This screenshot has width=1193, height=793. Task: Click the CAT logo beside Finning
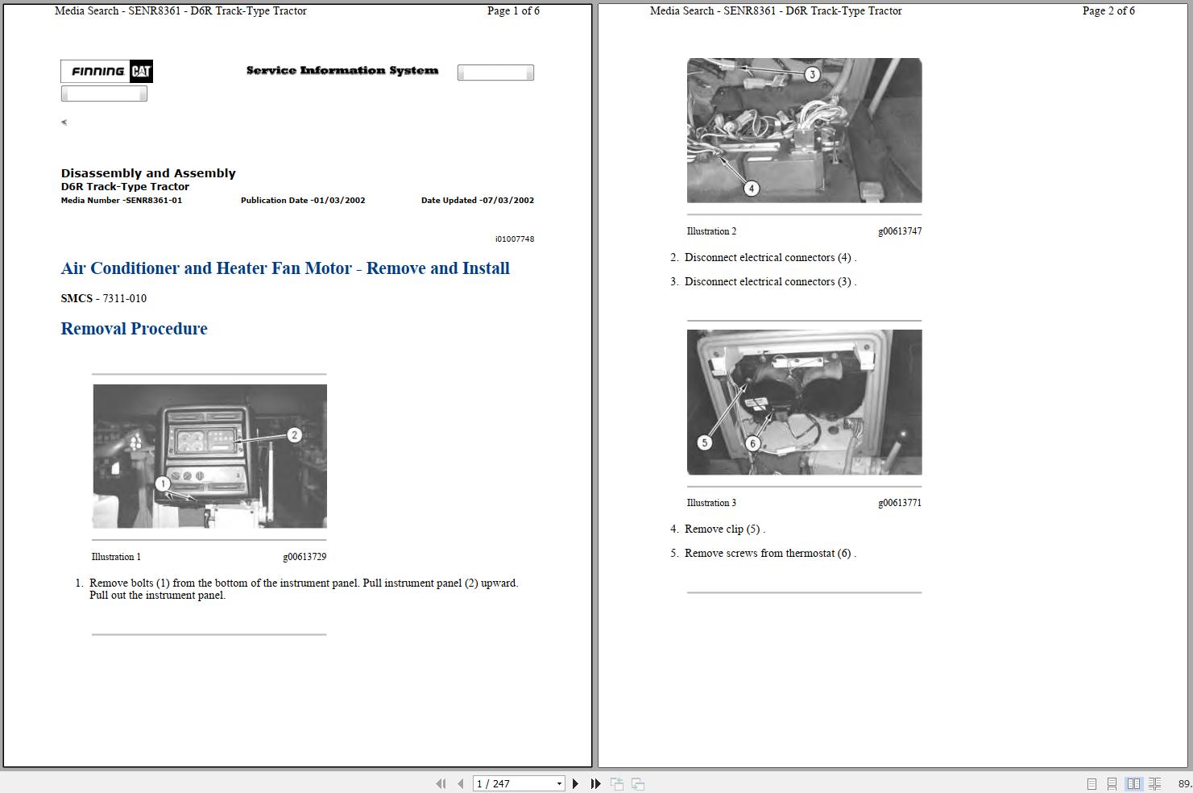(141, 71)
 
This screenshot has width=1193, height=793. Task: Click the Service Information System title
(342, 70)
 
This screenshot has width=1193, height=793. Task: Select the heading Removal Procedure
(134, 328)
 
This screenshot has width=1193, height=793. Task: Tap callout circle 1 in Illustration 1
(163, 484)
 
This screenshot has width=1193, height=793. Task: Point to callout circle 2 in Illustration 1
(294, 435)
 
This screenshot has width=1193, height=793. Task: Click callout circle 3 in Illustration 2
(812, 74)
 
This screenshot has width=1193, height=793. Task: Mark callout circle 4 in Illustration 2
(751, 188)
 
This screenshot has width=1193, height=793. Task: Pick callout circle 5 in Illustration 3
(705, 442)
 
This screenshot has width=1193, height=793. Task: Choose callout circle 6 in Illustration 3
(752, 443)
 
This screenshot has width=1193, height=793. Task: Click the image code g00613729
(304, 557)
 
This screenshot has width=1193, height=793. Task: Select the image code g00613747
(900, 231)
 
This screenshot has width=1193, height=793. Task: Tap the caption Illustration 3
(711, 503)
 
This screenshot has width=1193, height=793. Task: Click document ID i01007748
(515, 239)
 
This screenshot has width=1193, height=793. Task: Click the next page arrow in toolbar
(575, 783)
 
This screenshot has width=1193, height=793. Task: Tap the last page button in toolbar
(596, 783)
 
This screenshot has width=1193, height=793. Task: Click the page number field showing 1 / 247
(518, 783)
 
